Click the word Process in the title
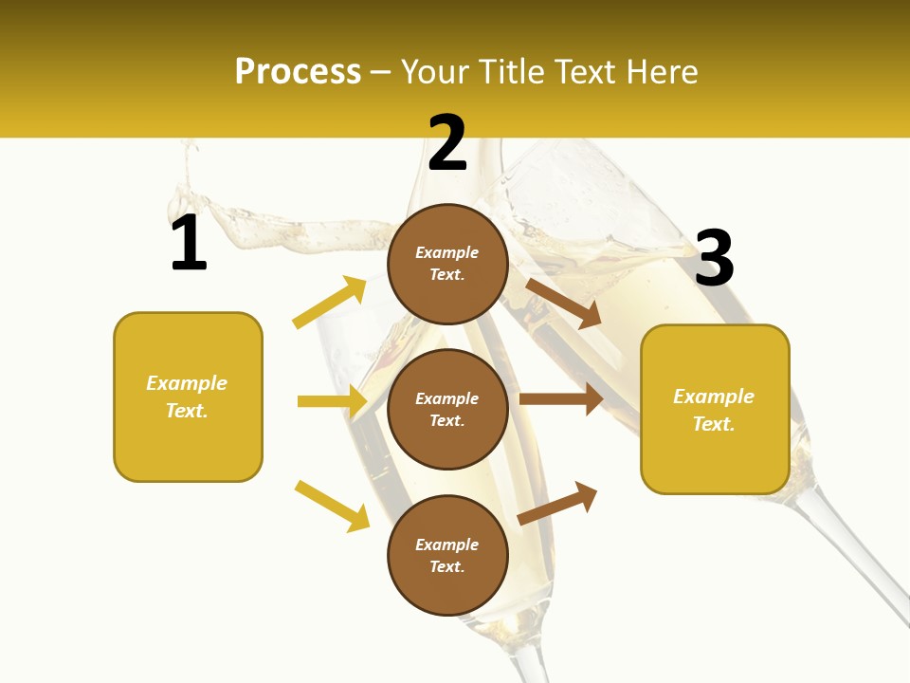(298, 72)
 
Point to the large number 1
(189, 244)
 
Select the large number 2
(447, 143)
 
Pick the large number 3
(714, 259)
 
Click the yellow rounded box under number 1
(188, 397)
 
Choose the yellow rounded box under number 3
(715, 410)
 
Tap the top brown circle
(447, 264)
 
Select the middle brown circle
(447, 410)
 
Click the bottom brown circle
(447, 556)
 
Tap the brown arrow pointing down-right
(564, 303)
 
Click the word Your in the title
(434, 72)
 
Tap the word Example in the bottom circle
(447, 545)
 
